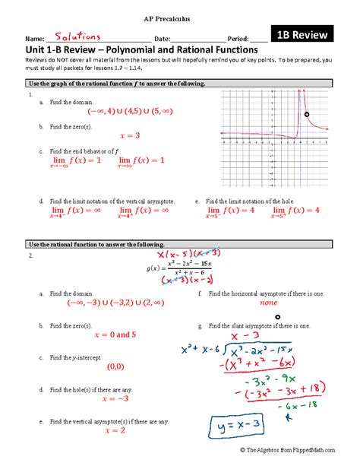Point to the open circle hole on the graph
(307, 115)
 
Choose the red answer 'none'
(267, 302)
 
